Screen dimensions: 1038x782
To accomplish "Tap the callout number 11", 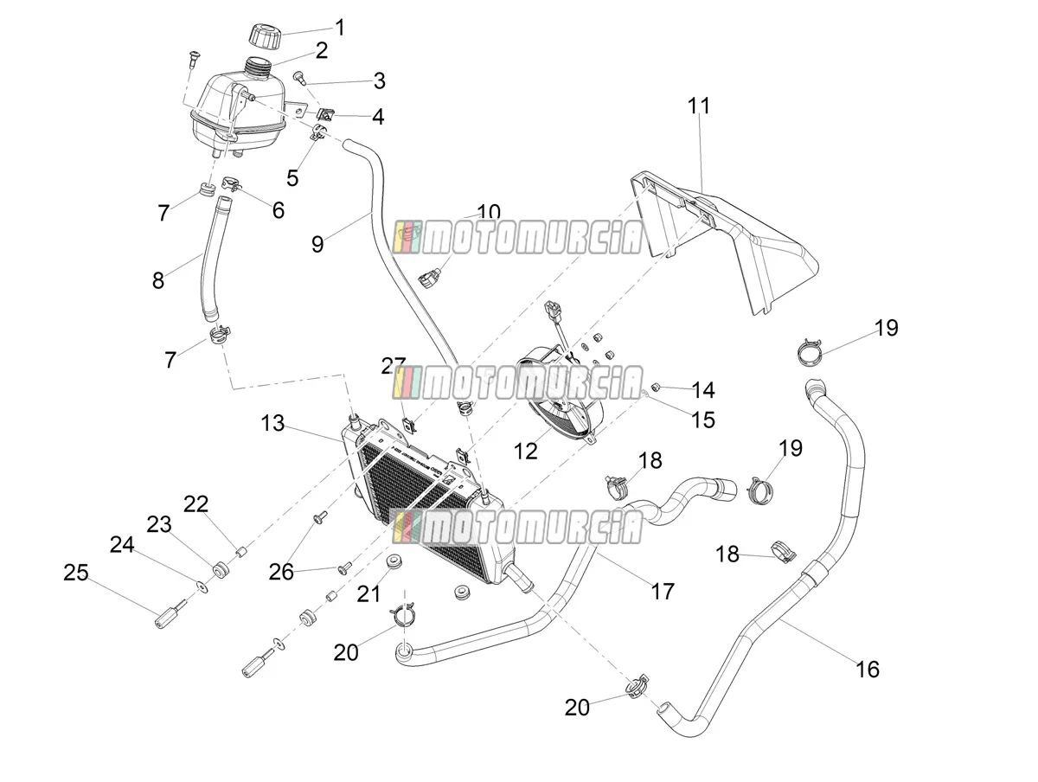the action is pos(698,106).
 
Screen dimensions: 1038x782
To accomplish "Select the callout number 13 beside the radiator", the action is pos(272,423).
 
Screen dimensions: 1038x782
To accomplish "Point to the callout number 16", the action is pos(868,670).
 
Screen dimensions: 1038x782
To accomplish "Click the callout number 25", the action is pos(76,573).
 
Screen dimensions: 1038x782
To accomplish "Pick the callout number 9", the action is pos(317,244).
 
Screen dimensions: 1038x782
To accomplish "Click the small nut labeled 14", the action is pos(656,388).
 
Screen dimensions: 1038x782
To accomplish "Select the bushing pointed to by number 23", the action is pos(219,570).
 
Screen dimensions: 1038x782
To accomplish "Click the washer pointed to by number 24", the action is pos(203,587).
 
